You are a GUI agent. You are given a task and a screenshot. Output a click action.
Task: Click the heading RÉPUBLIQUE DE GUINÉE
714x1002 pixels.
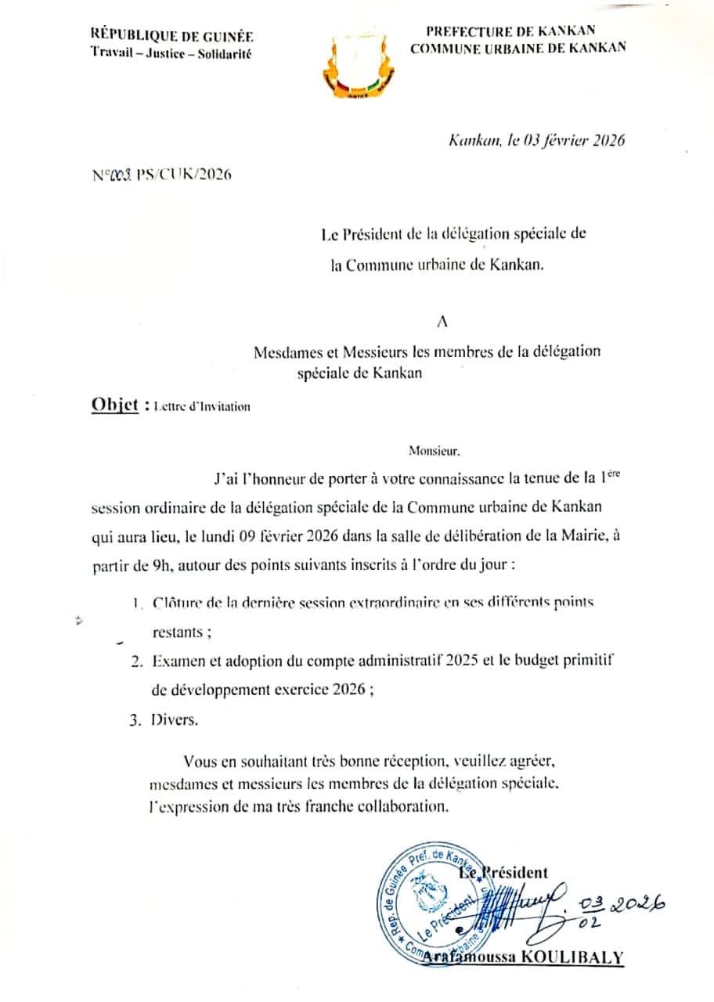tap(172, 36)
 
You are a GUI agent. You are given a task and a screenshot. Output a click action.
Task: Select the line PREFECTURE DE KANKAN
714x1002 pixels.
tap(510, 31)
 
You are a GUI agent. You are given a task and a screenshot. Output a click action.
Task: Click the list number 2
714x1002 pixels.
tap(136, 662)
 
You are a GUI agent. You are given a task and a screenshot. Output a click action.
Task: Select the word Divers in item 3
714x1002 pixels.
tap(174, 721)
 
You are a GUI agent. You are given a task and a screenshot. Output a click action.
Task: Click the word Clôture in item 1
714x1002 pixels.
tap(176, 604)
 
